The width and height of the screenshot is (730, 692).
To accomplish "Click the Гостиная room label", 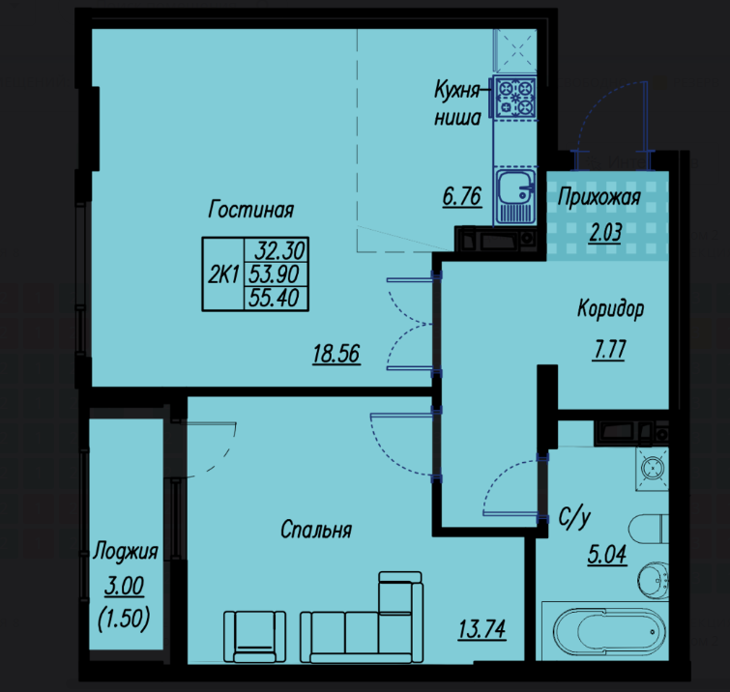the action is tap(251, 209).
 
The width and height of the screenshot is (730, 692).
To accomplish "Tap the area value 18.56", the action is tap(336, 354).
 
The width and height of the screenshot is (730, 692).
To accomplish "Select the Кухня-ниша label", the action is tap(458, 103).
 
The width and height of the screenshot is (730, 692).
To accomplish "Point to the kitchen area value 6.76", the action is tap(462, 196).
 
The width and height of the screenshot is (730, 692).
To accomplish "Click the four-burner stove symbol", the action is tap(515, 97).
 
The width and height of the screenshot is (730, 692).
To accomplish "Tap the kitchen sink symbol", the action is tap(515, 196).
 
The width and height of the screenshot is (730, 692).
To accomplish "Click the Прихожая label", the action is tap(599, 197).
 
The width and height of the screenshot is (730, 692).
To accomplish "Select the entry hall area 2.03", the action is tap(605, 232).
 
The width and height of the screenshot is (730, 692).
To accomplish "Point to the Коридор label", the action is tap(610, 308).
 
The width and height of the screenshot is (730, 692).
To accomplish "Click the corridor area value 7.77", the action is tap(609, 349).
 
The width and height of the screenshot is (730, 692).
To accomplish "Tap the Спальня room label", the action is tap(316, 530).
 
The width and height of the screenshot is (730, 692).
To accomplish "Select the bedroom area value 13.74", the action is tap(482, 629).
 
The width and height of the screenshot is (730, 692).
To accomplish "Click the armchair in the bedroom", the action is tap(254, 637).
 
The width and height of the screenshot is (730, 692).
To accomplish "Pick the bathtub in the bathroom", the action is tap(605, 630).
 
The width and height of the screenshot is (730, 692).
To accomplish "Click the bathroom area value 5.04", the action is tap(607, 554).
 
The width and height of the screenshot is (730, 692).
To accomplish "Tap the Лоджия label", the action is tap(126, 552).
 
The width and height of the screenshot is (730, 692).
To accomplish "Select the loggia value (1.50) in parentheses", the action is tap(124, 619).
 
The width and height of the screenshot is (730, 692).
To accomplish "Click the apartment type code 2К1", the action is tap(223, 274).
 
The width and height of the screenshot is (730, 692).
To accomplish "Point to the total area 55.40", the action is tap(274, 298).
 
